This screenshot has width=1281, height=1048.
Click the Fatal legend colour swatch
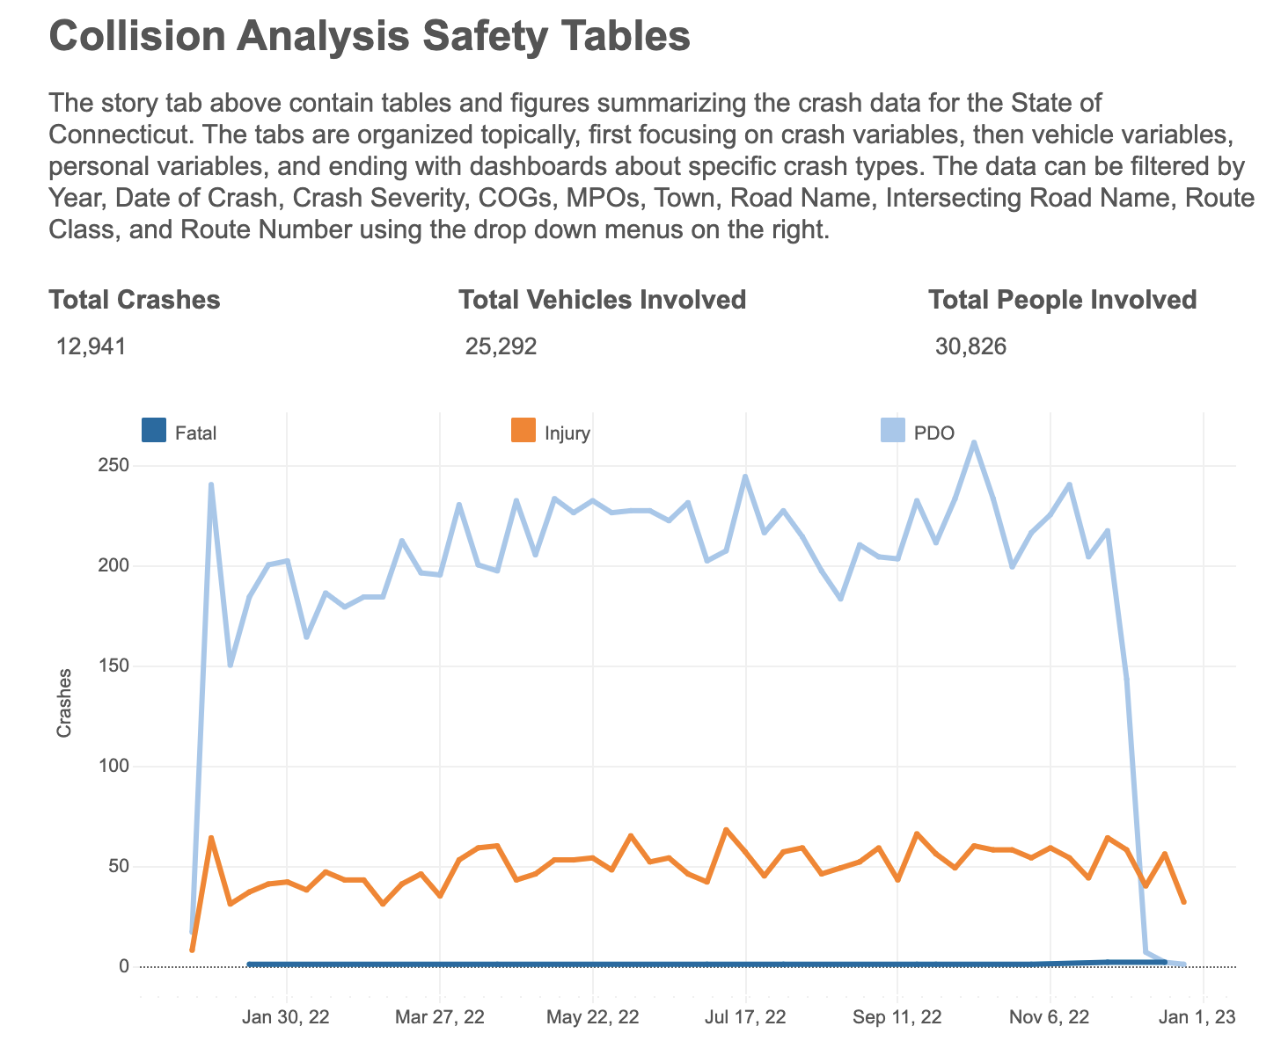coord(153,431)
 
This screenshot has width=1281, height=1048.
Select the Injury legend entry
coord(567,433)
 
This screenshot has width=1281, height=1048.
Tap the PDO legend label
coord(934,433)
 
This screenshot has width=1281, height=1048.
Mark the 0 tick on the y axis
coord(124,966)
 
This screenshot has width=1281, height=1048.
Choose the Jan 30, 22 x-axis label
coord(287,1017)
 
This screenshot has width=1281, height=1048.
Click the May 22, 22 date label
coord(592,1017)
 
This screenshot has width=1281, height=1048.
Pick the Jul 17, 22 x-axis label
coord(745,1017)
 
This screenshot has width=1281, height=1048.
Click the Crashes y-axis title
coord(64,702)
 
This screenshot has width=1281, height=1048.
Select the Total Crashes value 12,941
coord(91,346)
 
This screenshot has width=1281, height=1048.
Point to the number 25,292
coord(501,346)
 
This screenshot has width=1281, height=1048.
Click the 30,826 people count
coord(970,346)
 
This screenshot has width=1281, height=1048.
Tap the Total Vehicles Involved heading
coord(603,300)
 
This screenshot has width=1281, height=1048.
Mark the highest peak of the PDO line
coord(974,442)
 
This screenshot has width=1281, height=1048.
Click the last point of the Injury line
coord(1183,902)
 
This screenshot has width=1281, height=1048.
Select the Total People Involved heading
coord(1062,300)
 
